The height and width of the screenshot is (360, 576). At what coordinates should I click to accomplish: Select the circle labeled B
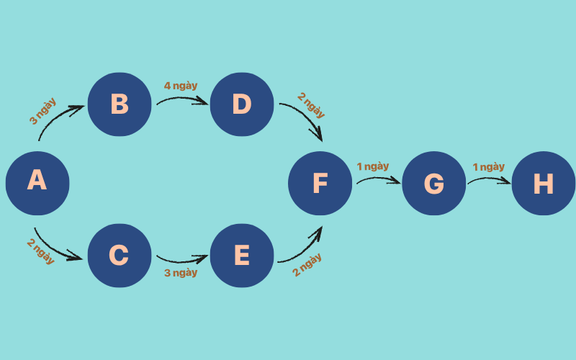click(x=120, y=104)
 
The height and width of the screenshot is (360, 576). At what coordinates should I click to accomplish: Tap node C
click(x=120, y=255)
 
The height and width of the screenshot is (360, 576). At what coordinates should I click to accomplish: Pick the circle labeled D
click(x=242, y=104)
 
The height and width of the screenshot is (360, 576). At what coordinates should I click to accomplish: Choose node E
click(x=242, y=255)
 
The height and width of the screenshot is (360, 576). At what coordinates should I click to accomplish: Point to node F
click(x=320, y=183)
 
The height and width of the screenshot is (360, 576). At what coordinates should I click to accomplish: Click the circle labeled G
click(x=433, y=183)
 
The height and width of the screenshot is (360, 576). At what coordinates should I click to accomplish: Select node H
click(x=543, y=183)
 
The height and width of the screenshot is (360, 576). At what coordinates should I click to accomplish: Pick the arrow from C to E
click(x=181, y=259)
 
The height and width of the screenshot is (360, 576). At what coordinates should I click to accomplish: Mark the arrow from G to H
click(x=490, y=179)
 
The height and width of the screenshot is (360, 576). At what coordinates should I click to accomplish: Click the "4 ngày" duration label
click(x=181, y=86)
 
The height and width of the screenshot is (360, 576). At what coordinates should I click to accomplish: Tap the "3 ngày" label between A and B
click(x=42, y=111)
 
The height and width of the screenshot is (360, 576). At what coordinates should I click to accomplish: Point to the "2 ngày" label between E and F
click(x=307, y=265)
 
